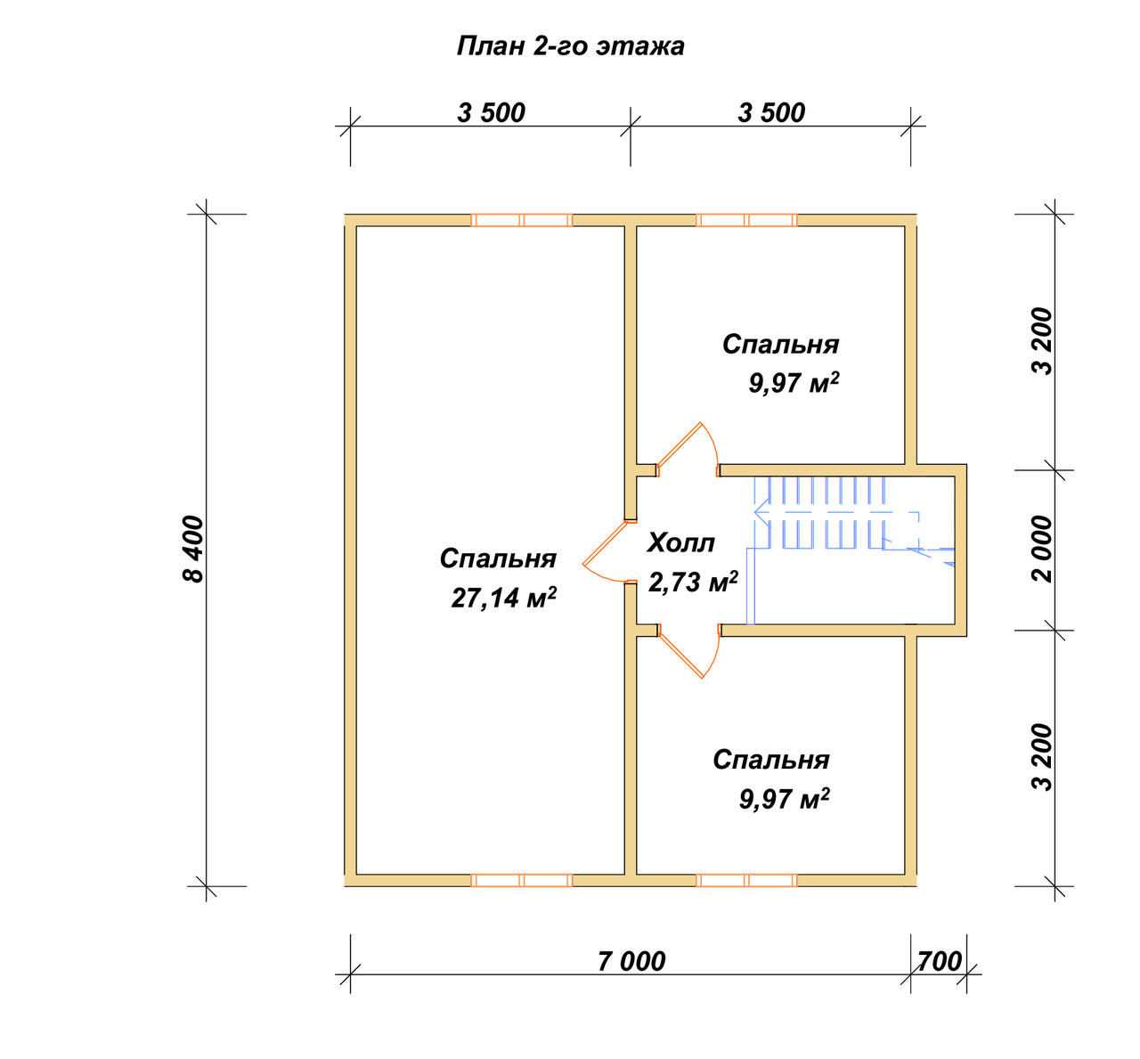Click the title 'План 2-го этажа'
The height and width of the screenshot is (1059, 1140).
point(570,46)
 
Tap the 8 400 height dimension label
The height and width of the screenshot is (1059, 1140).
point(194,550)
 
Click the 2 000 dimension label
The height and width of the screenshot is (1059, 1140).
point(1042,549)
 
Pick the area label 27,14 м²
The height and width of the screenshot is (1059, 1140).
point(504,598)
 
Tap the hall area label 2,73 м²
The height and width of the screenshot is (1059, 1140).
point(694,582)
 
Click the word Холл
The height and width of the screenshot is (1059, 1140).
point(681,542)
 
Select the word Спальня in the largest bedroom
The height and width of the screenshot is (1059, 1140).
point(498,558)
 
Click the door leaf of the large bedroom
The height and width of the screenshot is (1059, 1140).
point(604,543)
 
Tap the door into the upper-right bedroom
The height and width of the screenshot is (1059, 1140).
point(680,444)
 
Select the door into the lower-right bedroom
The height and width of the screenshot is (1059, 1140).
point(681,656)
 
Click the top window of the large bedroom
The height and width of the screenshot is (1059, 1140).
point(521,220)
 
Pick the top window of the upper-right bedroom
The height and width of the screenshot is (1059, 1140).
point(746,220)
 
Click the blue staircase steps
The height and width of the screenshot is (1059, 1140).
point(826,513)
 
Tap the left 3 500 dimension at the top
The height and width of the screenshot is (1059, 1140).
point(491,113)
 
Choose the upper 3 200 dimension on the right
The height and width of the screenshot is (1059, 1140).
point(1042,342)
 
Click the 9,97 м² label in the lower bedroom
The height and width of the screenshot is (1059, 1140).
point(784,798)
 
